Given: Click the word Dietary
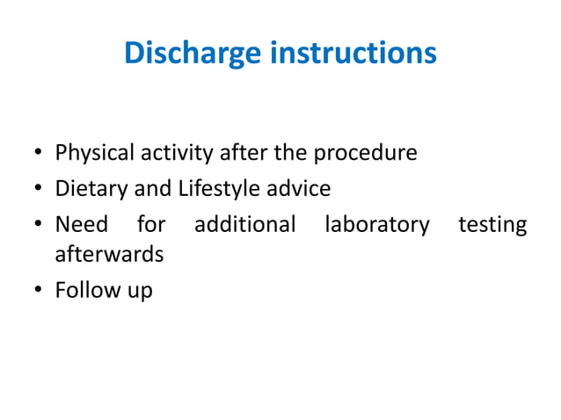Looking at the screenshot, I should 91,189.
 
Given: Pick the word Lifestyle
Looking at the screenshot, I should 220,189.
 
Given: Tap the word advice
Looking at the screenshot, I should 299,189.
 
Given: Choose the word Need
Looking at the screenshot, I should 82,225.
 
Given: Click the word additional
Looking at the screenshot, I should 244,225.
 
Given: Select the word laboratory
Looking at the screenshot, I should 377,226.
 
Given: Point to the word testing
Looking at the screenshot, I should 492,226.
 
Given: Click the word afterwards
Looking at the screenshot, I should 109,255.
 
